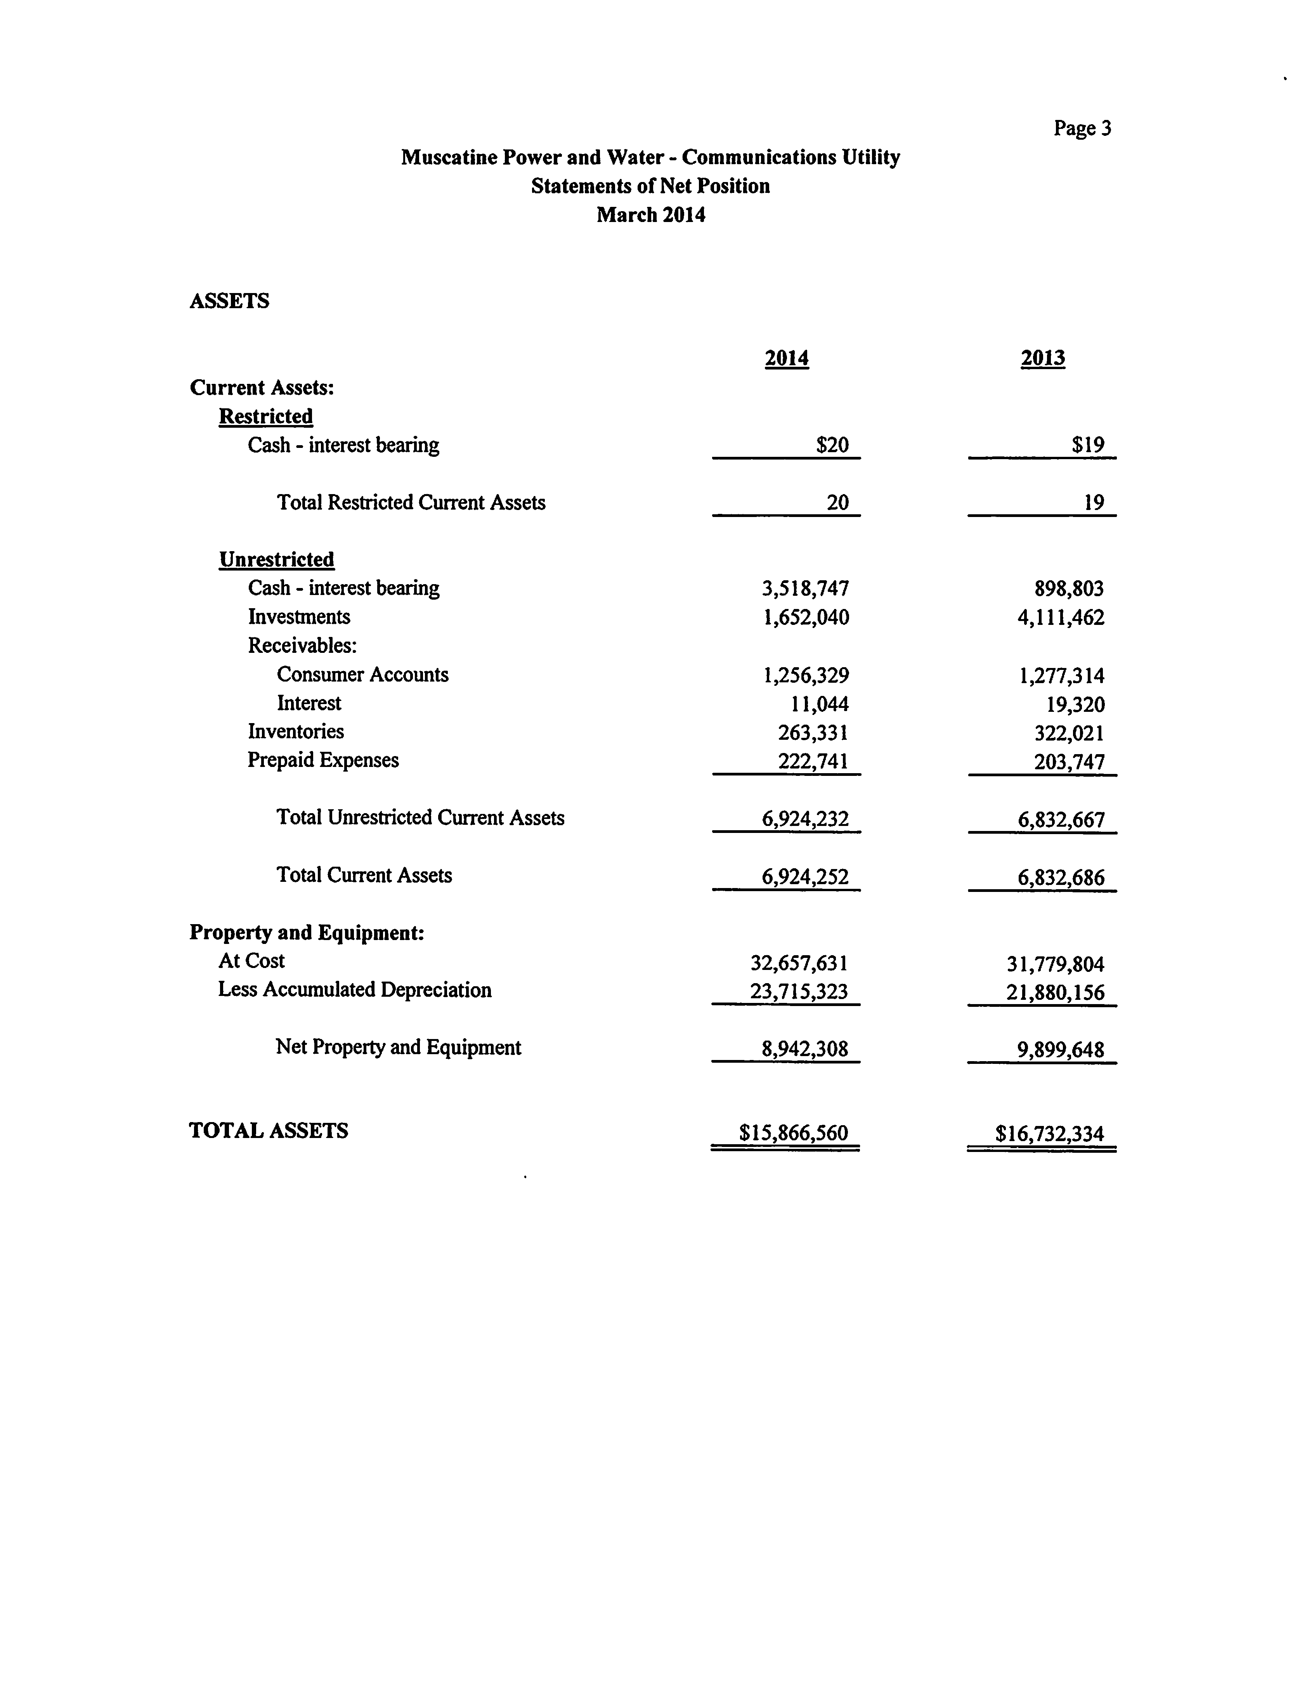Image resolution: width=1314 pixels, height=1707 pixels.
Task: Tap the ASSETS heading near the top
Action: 229,301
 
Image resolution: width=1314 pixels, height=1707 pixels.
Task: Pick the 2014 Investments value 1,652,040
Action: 805,618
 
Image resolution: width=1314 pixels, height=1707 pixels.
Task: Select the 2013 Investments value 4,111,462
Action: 1061,618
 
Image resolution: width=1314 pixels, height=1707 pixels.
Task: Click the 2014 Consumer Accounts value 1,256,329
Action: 805,675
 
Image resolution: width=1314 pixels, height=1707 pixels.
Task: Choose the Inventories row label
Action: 295,732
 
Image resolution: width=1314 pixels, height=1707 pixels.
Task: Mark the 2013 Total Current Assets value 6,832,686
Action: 1061,878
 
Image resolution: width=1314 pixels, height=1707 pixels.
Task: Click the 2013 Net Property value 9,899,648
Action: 1061,1050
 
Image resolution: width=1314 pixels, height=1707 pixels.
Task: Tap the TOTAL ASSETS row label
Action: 268,1131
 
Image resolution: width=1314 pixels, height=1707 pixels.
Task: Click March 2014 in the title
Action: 650,215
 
